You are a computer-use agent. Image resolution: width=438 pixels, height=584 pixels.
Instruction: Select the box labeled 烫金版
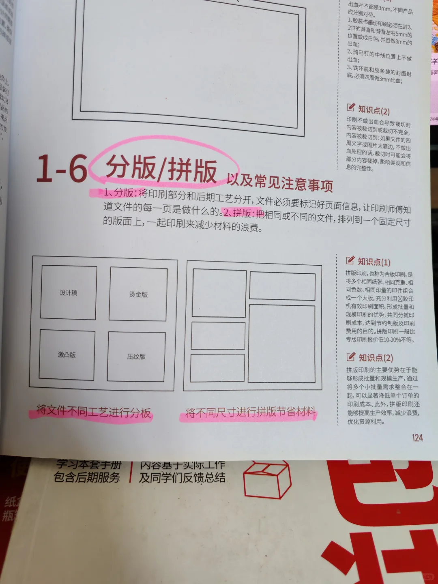138,294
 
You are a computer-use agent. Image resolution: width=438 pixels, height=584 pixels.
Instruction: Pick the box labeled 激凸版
67,354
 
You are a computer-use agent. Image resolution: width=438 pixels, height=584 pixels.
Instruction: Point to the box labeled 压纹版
136,356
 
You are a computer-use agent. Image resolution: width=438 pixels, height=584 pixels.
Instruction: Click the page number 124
417,438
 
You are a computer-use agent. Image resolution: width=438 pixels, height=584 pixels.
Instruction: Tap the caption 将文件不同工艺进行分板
93,412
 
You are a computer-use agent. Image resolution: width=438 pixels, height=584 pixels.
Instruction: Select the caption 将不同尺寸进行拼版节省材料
250,412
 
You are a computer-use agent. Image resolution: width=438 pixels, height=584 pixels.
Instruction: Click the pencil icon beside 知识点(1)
350,260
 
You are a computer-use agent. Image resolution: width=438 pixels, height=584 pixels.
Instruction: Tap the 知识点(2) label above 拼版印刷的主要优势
376,358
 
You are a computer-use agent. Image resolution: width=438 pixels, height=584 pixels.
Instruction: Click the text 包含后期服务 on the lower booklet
87,477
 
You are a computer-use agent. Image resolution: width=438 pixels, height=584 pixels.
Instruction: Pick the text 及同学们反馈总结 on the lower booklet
182,477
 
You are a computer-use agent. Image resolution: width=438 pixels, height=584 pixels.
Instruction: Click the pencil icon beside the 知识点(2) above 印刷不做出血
351,107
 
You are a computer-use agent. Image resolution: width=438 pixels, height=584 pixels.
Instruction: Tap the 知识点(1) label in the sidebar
374,262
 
